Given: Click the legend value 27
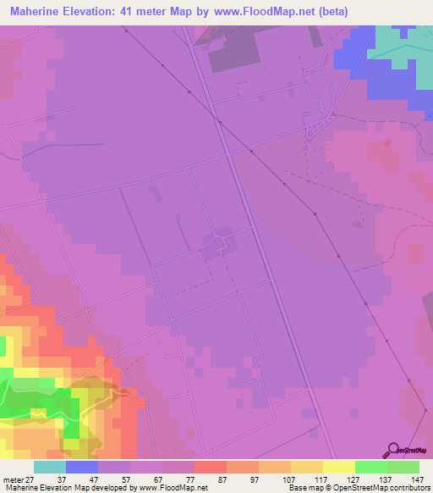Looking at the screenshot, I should (x=30, y=479).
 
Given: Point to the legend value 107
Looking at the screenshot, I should (x=288, y=479).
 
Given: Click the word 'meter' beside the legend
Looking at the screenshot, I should (x=12, y=479).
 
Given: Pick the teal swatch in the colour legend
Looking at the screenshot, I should (x=50, y=467).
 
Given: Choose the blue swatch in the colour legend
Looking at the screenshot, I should (x=82, y=467).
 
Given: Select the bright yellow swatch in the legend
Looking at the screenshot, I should (x=339, y=467).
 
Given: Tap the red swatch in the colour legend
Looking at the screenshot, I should (x=211, y=467).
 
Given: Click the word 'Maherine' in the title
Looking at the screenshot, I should (x=38, y=12).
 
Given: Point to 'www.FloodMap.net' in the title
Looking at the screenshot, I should (x=271, y=12).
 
